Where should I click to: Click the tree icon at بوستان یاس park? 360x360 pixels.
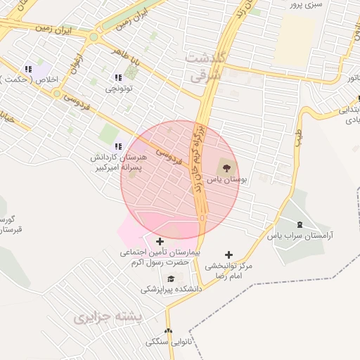pos(226,167)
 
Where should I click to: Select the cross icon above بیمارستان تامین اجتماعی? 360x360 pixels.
pos(160,241)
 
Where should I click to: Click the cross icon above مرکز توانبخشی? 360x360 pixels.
pos(228,255)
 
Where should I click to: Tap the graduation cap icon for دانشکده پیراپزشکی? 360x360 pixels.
pos(170,278)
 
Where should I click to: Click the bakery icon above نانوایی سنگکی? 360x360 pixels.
pos(167,331)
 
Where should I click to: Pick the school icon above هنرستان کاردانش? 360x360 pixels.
pos(117,146)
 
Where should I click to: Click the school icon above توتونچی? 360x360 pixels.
pos(117,77)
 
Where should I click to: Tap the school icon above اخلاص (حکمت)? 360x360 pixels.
pos(28,69)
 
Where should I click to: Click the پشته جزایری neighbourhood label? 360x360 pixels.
pos(108,317)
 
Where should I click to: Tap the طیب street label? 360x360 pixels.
pos(299,133)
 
